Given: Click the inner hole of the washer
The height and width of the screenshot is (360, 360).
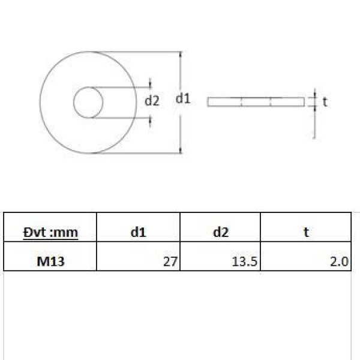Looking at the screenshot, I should tap(88, 102).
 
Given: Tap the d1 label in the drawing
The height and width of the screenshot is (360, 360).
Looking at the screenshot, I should tap(183, 99).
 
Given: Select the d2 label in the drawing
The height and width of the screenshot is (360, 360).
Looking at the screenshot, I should tap(152, 101).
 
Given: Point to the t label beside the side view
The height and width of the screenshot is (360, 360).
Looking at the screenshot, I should tap(325, 102).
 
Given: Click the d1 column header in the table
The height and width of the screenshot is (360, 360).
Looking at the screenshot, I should tap(139, 232).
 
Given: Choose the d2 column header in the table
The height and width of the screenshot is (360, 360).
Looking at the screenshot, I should tap(221, 232).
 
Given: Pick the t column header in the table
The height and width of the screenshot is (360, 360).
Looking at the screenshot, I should tap(306, 232).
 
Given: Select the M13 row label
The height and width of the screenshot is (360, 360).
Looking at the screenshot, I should tap(50, 261).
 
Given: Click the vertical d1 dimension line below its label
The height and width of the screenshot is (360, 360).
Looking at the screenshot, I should tap(181, 129).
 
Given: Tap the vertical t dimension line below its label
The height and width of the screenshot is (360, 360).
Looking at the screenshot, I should tap(313, 123).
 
